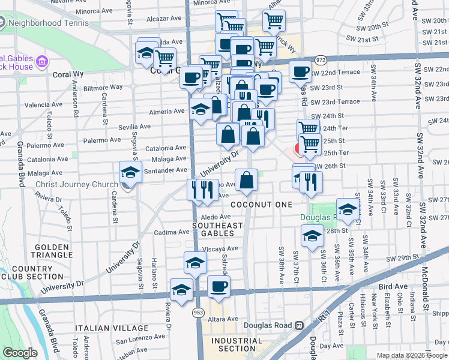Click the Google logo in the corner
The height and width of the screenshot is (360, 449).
point(20,353)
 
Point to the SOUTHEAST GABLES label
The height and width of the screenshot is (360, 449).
point(217,230)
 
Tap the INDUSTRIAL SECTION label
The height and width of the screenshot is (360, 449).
point(237,344)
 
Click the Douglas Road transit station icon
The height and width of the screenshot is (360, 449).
point(298,325)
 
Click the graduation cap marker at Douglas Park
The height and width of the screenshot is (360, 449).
point(347,208)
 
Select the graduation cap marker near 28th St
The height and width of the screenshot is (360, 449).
point(312,236)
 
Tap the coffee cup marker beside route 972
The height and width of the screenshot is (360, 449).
point(300,71)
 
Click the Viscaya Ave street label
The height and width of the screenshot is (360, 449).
point(220,248)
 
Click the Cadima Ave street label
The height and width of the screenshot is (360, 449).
point(172,232)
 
